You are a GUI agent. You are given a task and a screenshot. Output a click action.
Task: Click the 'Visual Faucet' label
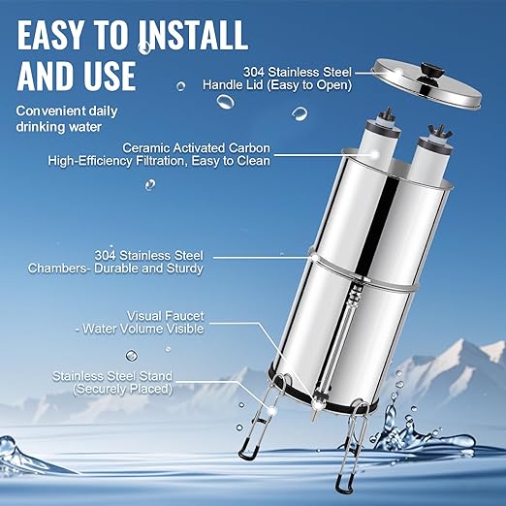coord(168,315)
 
